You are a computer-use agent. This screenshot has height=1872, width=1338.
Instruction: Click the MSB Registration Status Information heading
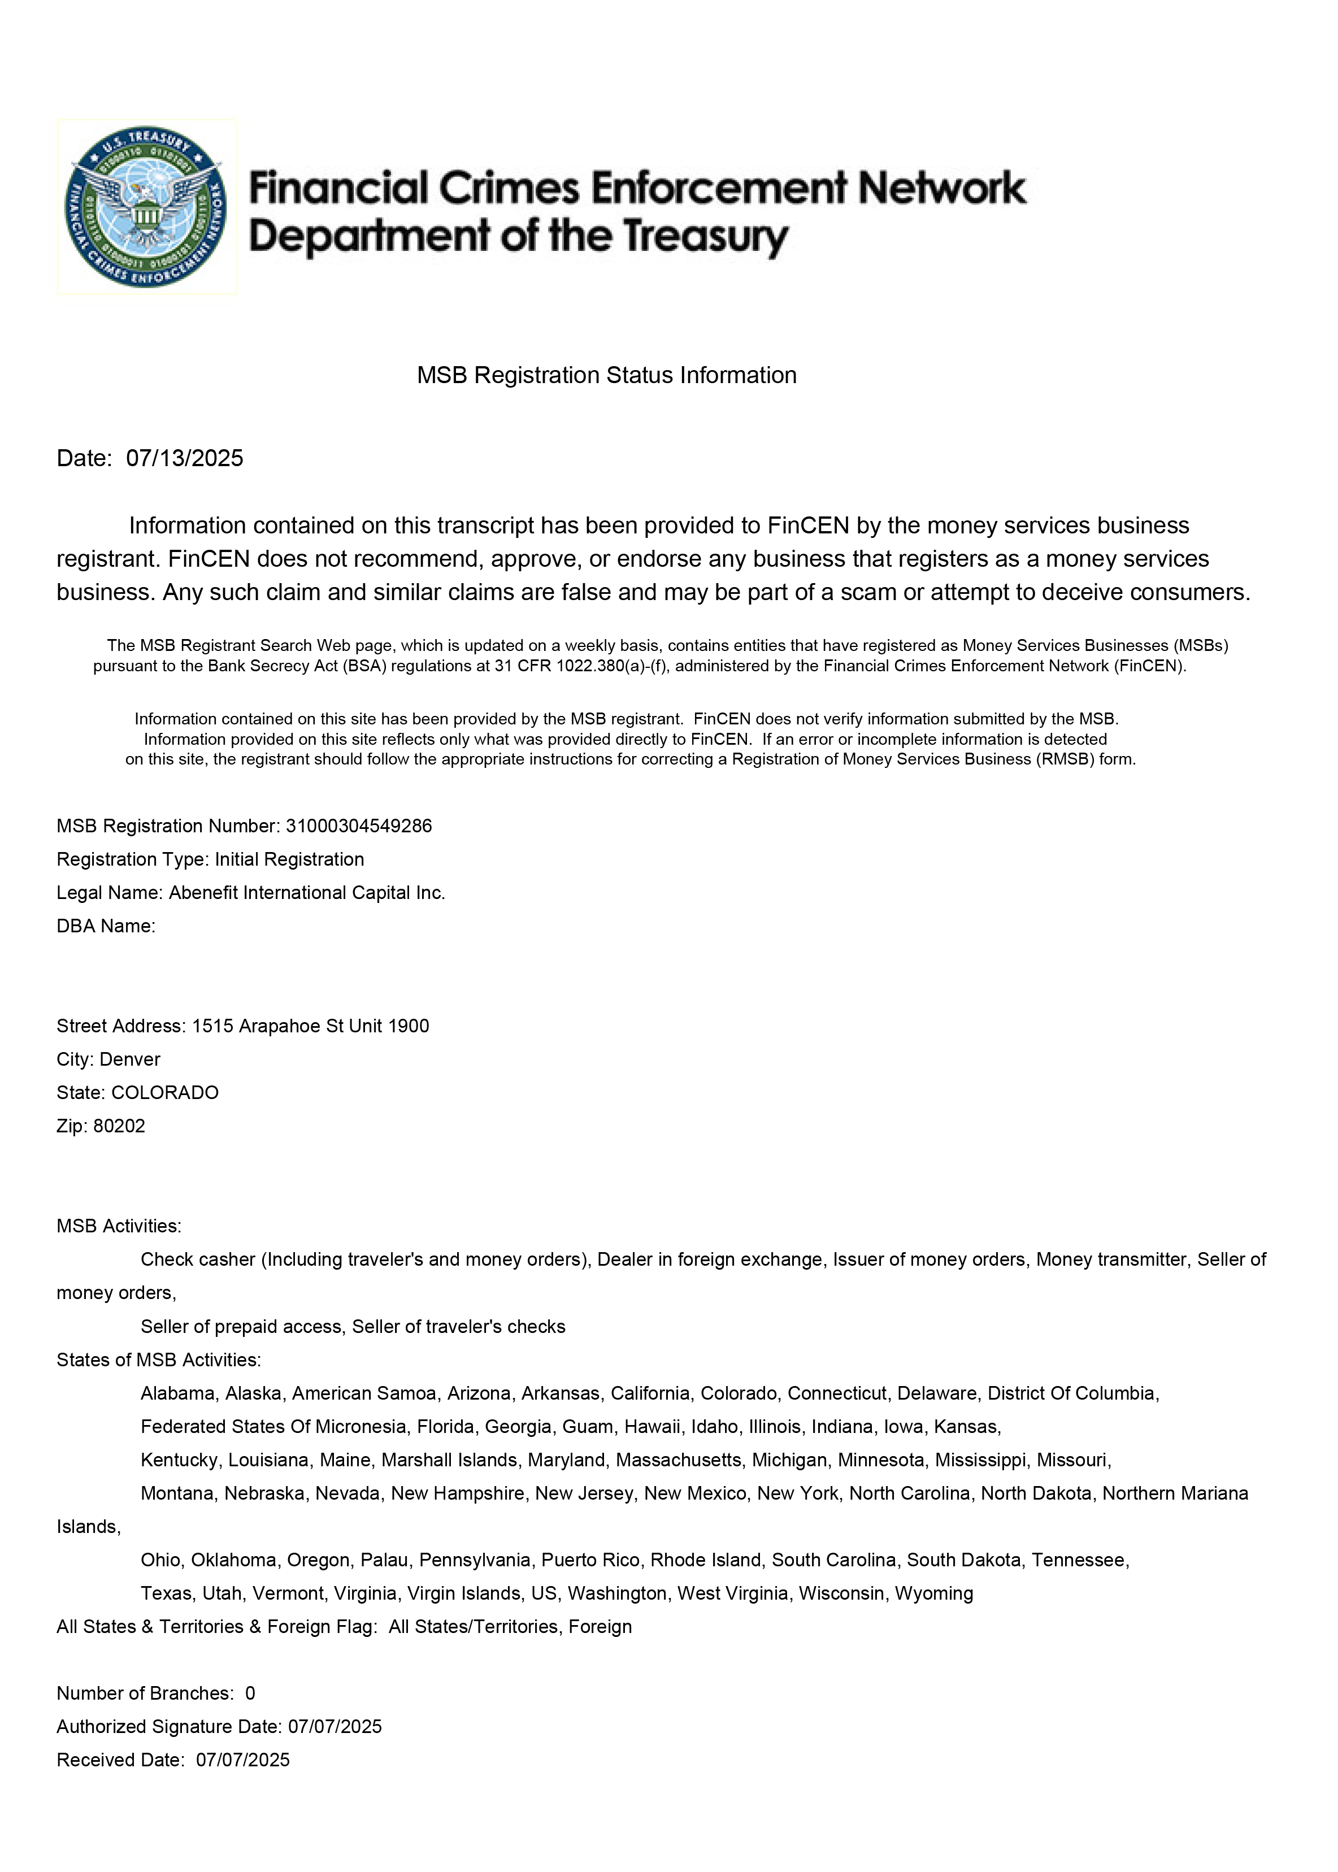coord(606,376)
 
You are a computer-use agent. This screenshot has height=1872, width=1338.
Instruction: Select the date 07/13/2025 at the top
coord(185,459)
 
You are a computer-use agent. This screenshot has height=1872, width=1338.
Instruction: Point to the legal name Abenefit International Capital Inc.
coord(306,893)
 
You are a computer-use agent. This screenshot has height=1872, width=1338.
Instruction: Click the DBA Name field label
coord(106,926)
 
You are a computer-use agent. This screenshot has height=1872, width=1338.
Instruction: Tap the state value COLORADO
coord(165,1093)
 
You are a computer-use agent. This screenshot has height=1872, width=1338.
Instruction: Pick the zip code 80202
coord(119,1126)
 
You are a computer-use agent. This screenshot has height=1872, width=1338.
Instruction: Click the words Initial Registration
coord(289,860)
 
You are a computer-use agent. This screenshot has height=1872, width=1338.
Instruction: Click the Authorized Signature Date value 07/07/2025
coord(334,1727)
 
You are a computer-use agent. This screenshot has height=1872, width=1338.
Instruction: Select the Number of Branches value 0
coord(250,1693)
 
